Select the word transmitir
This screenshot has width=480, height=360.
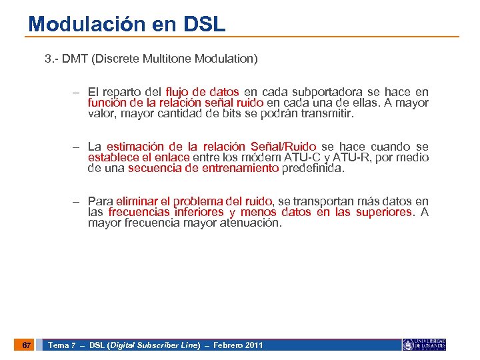click(327, 113)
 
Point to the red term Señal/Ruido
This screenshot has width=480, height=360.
click(284, 147)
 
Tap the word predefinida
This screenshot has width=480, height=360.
click(313, 168)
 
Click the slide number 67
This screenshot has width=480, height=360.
click(26, 345)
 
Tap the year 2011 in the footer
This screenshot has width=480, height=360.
click(253, 345)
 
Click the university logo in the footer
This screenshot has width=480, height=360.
click(424, 345)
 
